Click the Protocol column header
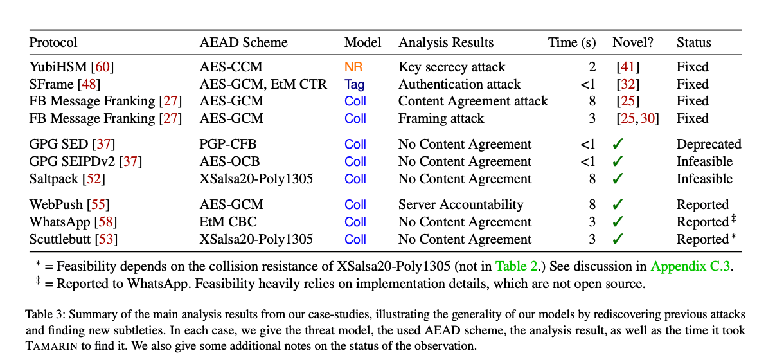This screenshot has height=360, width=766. tap(53, 43)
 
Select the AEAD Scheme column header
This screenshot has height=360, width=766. tap(244, 43)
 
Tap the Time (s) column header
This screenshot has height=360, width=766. tap(572, 43)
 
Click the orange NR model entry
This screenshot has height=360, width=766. tap(353, 67)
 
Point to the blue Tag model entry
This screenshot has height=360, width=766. tap(354, 84)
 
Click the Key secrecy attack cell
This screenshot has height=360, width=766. tap(452, 67)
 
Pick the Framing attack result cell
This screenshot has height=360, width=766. tap(441, 118)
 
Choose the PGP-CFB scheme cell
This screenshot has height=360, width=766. tap(228, 144)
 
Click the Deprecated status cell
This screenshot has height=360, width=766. tap(709, 145)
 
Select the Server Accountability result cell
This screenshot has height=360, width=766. tap(461, 204)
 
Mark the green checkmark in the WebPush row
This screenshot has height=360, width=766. tap(618, 204)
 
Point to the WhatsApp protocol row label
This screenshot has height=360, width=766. tap(73, 222)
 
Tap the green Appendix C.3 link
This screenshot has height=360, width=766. tap(691, 266)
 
